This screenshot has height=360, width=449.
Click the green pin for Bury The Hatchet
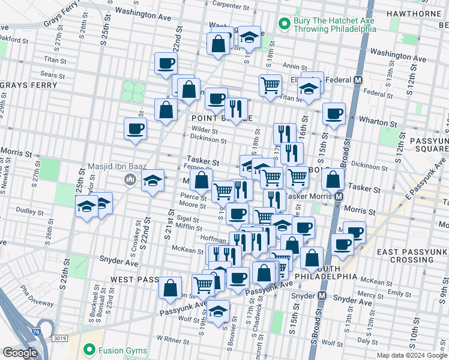(x=285, y=25)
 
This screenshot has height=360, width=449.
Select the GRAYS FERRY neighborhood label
(x=28, y=85)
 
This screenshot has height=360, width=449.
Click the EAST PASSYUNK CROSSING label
(x=412, y=256)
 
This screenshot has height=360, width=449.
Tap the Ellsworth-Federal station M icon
(x=358, y=80)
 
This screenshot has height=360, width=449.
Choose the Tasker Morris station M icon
(x=339, y=197)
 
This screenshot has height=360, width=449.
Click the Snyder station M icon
(x=322, y=296)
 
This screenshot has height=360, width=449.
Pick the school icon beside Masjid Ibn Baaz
(x=153, y=180)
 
